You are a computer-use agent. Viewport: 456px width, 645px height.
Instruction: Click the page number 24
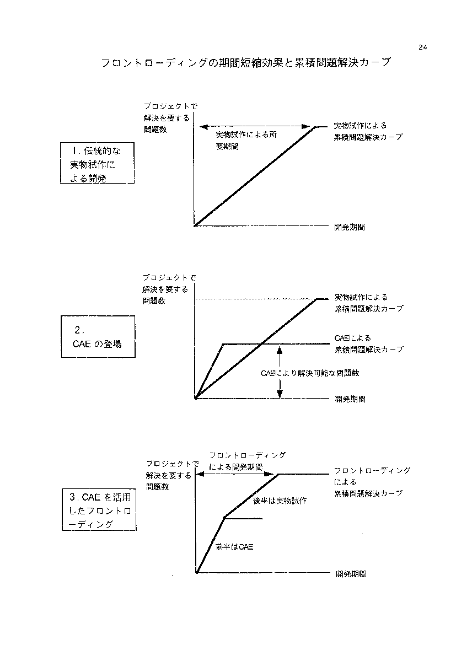(x=423, y=47)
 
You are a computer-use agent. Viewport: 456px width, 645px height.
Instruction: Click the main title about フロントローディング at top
(x=246, y=63)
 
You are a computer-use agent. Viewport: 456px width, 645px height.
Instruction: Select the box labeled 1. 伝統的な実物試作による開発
(x=97, y=163)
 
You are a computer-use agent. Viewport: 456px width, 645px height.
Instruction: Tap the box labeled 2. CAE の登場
(x=98, y=336)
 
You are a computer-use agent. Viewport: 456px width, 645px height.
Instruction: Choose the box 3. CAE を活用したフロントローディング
(x=99, y=510)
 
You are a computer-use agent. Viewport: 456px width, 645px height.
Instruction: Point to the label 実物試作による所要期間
(x=246, y=140)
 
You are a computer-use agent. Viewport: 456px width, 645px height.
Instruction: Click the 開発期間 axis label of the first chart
(x=350, y=227)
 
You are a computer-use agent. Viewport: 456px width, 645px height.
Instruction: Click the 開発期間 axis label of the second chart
(x=350, y=399)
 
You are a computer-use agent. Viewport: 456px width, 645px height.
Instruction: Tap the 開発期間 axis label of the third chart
(x=351, y=574)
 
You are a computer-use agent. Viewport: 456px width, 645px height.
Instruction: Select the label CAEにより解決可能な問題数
(x=310, y=373)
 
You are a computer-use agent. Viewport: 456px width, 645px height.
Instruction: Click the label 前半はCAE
(x=234, y=547)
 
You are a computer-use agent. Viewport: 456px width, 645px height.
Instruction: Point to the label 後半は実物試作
(x=280, y=501)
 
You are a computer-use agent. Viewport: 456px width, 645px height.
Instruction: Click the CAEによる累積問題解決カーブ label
(x=369, y=344)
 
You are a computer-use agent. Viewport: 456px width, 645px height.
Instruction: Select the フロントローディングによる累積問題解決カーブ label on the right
(x=372, y=482)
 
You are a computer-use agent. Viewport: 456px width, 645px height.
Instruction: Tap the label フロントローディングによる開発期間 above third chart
(x=247, y=461)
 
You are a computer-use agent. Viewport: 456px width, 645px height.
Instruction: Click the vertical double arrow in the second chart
(x=280, y=371)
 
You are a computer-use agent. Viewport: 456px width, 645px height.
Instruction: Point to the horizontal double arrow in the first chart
(x=255, y=127)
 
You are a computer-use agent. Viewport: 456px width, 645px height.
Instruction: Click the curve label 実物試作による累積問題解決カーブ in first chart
(x=368, y=131)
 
